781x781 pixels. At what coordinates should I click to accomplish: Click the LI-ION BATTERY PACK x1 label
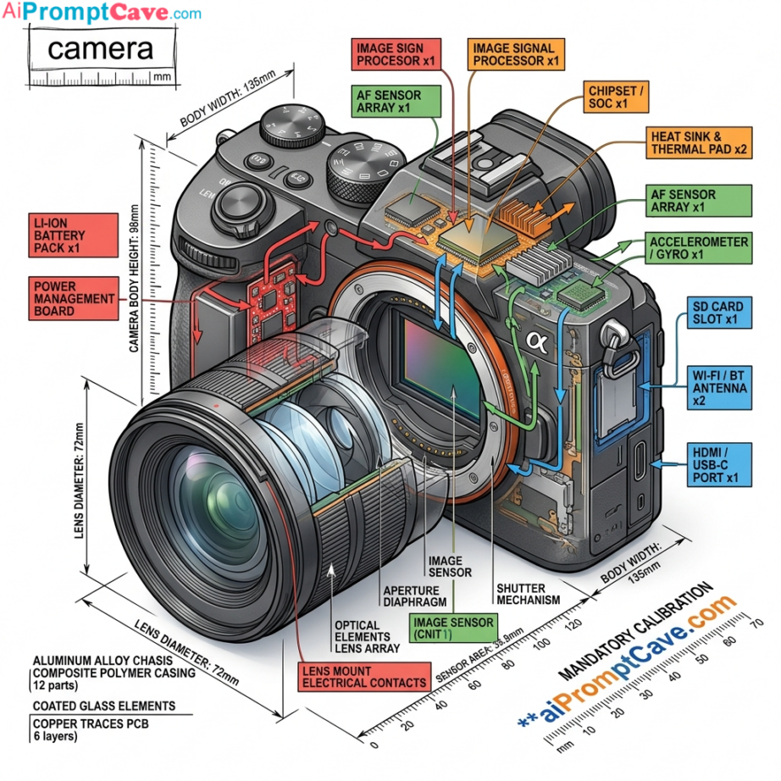(72, 235)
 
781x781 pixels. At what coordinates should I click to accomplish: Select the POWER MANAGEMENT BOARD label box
(74, 299)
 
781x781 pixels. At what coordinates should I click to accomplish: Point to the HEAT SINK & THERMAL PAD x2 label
(698, 142)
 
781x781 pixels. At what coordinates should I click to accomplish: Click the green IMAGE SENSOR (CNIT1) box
(452, 628)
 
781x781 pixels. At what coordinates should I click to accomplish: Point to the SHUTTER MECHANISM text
(529, 594)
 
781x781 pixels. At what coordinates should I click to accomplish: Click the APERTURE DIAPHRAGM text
(418, 596)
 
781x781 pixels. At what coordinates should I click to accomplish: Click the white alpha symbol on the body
(535, 341)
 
